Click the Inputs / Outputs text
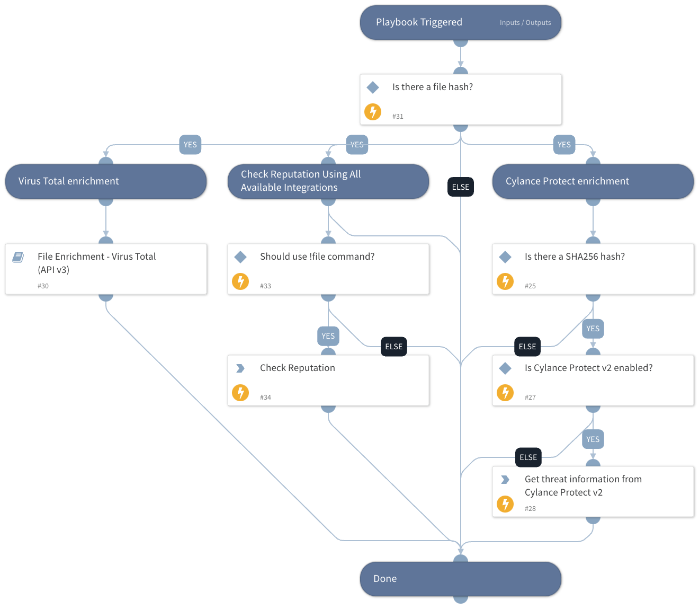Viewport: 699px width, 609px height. coord(525,23)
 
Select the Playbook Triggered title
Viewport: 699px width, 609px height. coord(419,22)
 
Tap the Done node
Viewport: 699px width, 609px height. coord(460,579)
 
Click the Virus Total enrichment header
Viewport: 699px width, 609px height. coord(69,181)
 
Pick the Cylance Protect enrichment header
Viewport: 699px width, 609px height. coord(567,181)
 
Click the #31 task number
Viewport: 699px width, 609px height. coord(398,117)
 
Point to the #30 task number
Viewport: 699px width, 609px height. coord(43,286)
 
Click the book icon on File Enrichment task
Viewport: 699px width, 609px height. coord(18,257)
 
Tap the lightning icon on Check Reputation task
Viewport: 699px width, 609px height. coord(240,393)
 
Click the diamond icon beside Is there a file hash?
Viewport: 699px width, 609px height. coord(373,87)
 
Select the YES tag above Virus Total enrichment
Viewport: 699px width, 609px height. coord(190,145)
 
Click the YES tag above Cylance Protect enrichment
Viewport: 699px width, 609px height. coord(564,145)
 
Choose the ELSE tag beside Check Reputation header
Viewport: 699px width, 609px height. coord(460,187)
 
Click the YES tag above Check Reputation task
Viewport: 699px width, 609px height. coord(328,336)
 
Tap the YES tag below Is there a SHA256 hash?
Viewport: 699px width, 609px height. coord(593,329)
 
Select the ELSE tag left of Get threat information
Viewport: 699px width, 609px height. coord(528,457)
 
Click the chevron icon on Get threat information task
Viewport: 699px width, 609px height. coord(505,480)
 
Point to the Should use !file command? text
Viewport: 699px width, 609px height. coord(317,257)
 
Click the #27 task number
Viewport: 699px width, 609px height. coord(530,398)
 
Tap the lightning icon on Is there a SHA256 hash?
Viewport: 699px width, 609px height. coord(505,281)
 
